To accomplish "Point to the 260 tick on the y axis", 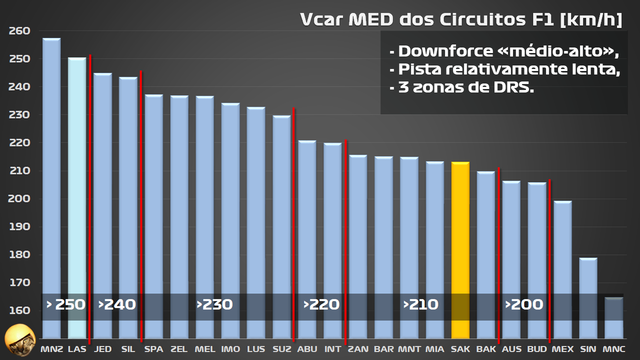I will click(x=19, y=31).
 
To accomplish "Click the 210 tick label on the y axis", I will click(x=19, y=171).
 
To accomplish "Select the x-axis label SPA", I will click(x=153, y=349).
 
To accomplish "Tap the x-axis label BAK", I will click(x=486, y=349).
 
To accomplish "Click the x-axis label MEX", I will click(x=562, y=349).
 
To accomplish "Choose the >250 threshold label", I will click(x=65, y=304).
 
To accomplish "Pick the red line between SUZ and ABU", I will click(x=293, y=200).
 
